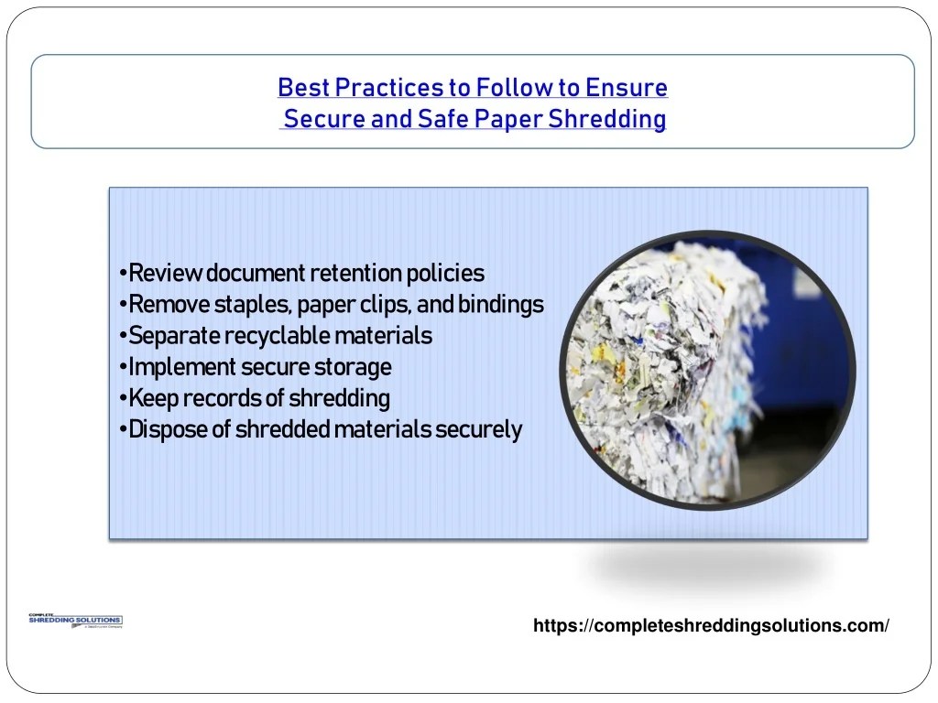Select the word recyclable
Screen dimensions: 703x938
(278, 336)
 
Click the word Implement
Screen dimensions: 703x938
(182, 367)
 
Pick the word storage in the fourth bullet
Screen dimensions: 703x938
(353, 367)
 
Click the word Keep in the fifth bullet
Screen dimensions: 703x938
(153, 398)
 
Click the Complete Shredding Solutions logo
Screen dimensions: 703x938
(75, 622)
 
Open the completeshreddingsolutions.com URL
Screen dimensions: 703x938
(712, 625)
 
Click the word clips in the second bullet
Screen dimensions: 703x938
(385, 304)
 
